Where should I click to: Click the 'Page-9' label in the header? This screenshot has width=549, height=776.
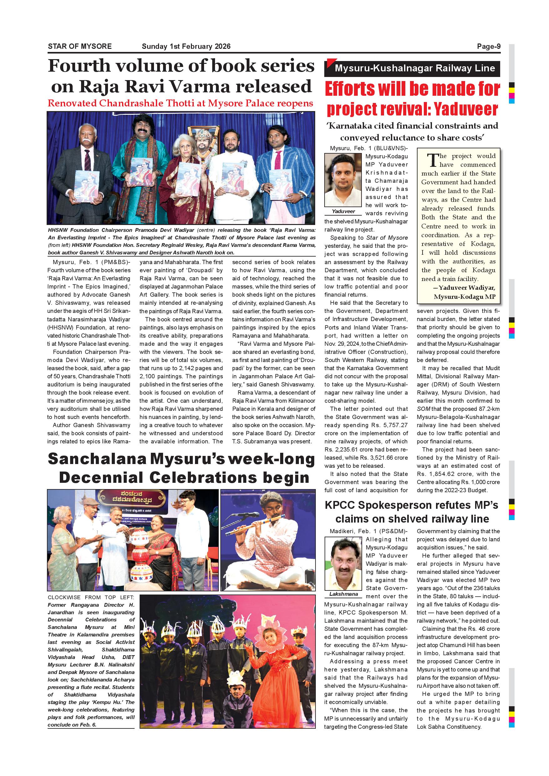(x=489, y=46)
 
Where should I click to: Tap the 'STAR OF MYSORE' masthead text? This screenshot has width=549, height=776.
(x=80, y=46)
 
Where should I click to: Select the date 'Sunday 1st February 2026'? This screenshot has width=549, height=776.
(x=186, y=46)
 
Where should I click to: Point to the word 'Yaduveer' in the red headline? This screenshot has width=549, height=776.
(x=465, y=109)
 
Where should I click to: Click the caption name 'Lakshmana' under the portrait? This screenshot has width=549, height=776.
(x=343, y=594)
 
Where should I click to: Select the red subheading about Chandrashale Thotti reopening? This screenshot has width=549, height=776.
(x=181, y=104)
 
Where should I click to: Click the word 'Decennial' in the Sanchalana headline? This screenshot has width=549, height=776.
(x=101, y=478)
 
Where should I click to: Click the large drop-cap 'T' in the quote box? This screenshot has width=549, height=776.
(x=432, y=160)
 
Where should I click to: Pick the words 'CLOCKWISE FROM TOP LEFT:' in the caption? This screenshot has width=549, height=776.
(x=91, y=597)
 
